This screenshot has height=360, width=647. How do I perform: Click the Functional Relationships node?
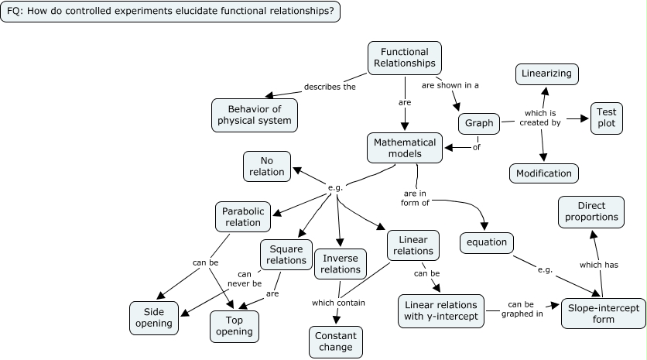click(x=404, y=57)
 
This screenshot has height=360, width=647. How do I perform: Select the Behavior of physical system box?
click(x=254, y=115)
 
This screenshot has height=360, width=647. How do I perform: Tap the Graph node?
click(x=480, y=123)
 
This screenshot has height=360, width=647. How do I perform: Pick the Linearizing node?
click(x=547, y=74)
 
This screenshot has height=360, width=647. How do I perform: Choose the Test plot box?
click(x=607, y=118)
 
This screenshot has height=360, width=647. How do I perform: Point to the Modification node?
click(x=543, y=173)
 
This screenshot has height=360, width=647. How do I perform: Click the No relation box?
click(x=267, y=166)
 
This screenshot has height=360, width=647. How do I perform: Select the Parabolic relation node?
click(x=243, y=217)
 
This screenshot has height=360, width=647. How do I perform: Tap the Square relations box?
click(x=286, y=254)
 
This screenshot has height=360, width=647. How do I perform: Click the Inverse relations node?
click(x=341, y=263)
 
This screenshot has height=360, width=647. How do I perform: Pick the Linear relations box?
click(x=413, y=245)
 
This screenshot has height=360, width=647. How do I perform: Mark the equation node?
click(x=487, y=242)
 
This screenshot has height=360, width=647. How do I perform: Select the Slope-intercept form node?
click(x=603, y=314)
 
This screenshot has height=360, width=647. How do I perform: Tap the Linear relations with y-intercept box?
click(x=440, y=309)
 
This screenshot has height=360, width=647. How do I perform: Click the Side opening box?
click(x=154, y=317)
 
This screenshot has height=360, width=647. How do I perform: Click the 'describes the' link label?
click(x=330, y=87)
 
